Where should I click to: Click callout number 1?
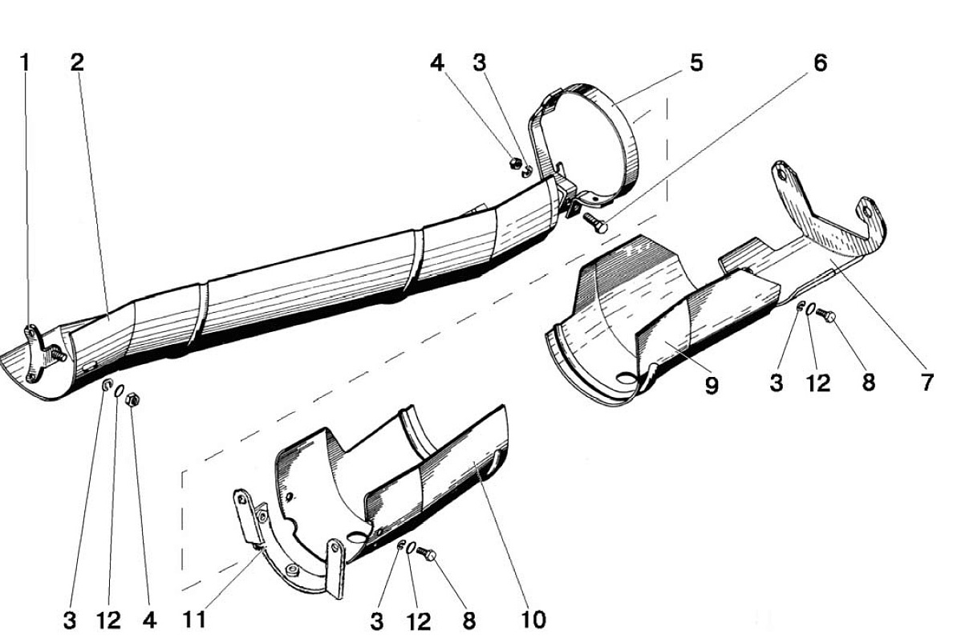pos(25,62)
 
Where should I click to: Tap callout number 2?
pos(76,62)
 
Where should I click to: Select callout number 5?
pos(696,62)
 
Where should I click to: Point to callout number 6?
pos(820,62)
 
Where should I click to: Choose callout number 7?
pos(927,383)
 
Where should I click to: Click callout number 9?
pos(712,385)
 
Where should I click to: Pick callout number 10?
pos(533,620)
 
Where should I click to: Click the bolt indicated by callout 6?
pos(595,222)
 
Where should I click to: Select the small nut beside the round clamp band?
pos(514,163)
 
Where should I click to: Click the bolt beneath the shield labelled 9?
pos(825,314)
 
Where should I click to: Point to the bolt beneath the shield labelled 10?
pos(427,553)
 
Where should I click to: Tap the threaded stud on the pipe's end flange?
pos(59,354)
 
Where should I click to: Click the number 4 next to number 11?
pos(149,620)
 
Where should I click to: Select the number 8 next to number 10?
pos(468,621)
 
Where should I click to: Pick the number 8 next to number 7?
pos(869,383)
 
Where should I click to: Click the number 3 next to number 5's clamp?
pos(480,62)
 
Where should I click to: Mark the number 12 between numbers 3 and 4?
pos(109,620)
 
